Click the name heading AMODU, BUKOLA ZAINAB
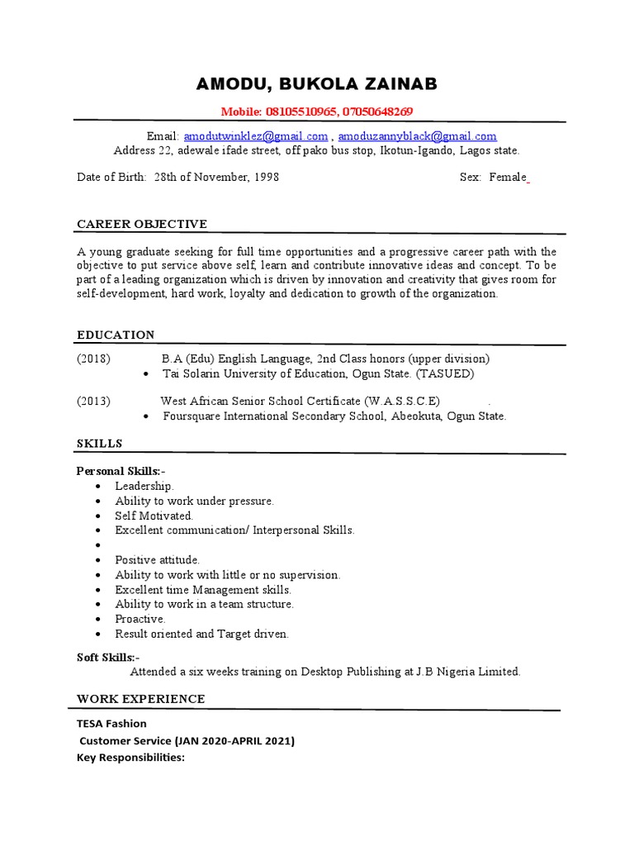317,84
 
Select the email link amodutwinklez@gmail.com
256,136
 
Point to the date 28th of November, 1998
216,178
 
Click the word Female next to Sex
508,178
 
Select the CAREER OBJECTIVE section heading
142,225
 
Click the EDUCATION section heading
116,335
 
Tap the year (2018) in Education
94,359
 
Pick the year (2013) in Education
94,402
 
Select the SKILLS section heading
99,444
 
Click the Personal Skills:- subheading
121,471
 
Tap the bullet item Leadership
144,487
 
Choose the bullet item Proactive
140,619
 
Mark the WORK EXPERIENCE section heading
141,699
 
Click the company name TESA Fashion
111,724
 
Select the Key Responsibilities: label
130,757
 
